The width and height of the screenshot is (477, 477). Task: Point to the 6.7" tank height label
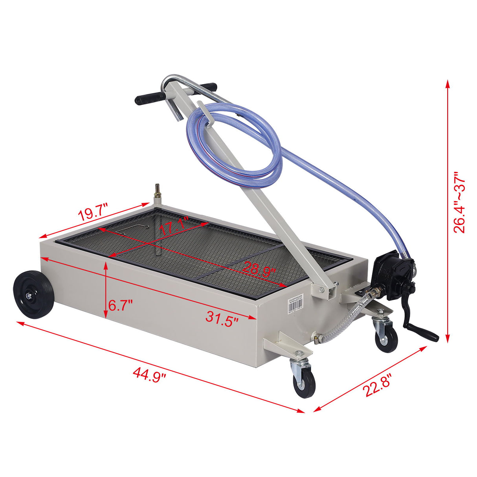pyautogui.click(x=121, y=305)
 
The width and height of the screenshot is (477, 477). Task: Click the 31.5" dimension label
pyautogui.click(x=222, y=316)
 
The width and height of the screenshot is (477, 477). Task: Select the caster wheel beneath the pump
pyautogui.click(x=386, y=340)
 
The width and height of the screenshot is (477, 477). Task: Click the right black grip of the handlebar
pyautogui.click(x=208, y=86)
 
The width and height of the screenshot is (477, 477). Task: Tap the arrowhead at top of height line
pyautogui.click(x=447, y=83)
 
